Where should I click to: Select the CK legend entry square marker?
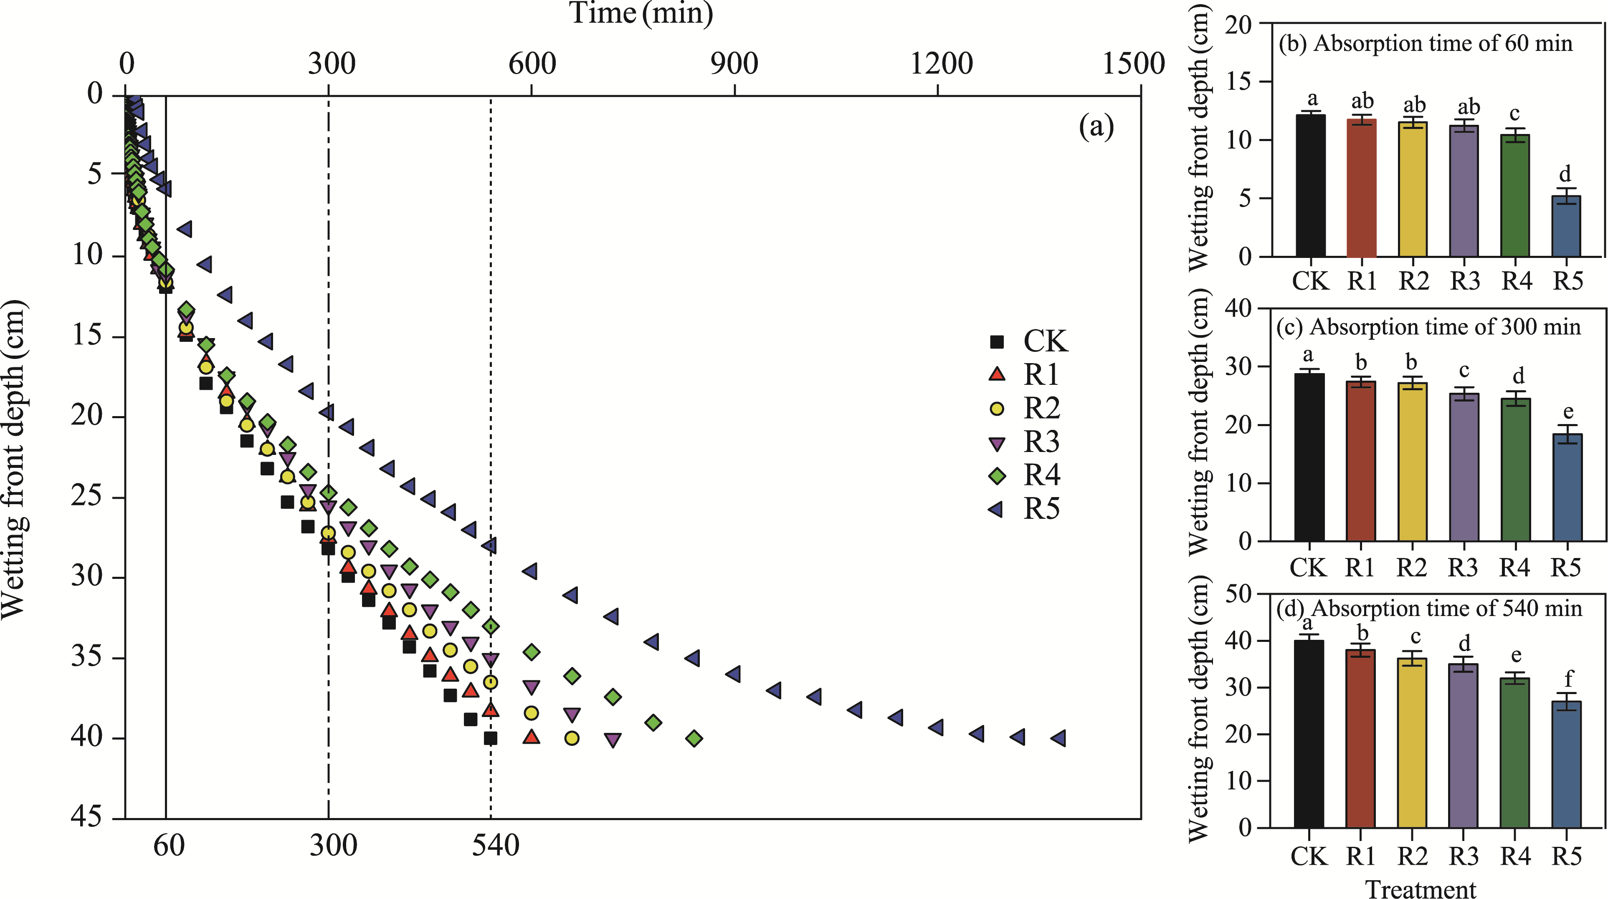click(997, 341)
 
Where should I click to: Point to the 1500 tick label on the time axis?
click(1133, 63)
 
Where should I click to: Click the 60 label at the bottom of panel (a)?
click(169, 846)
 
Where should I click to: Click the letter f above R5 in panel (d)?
click(1569, 678)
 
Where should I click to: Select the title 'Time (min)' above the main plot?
click(641, 13)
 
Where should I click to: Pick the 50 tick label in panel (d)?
click(1239, 594)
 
